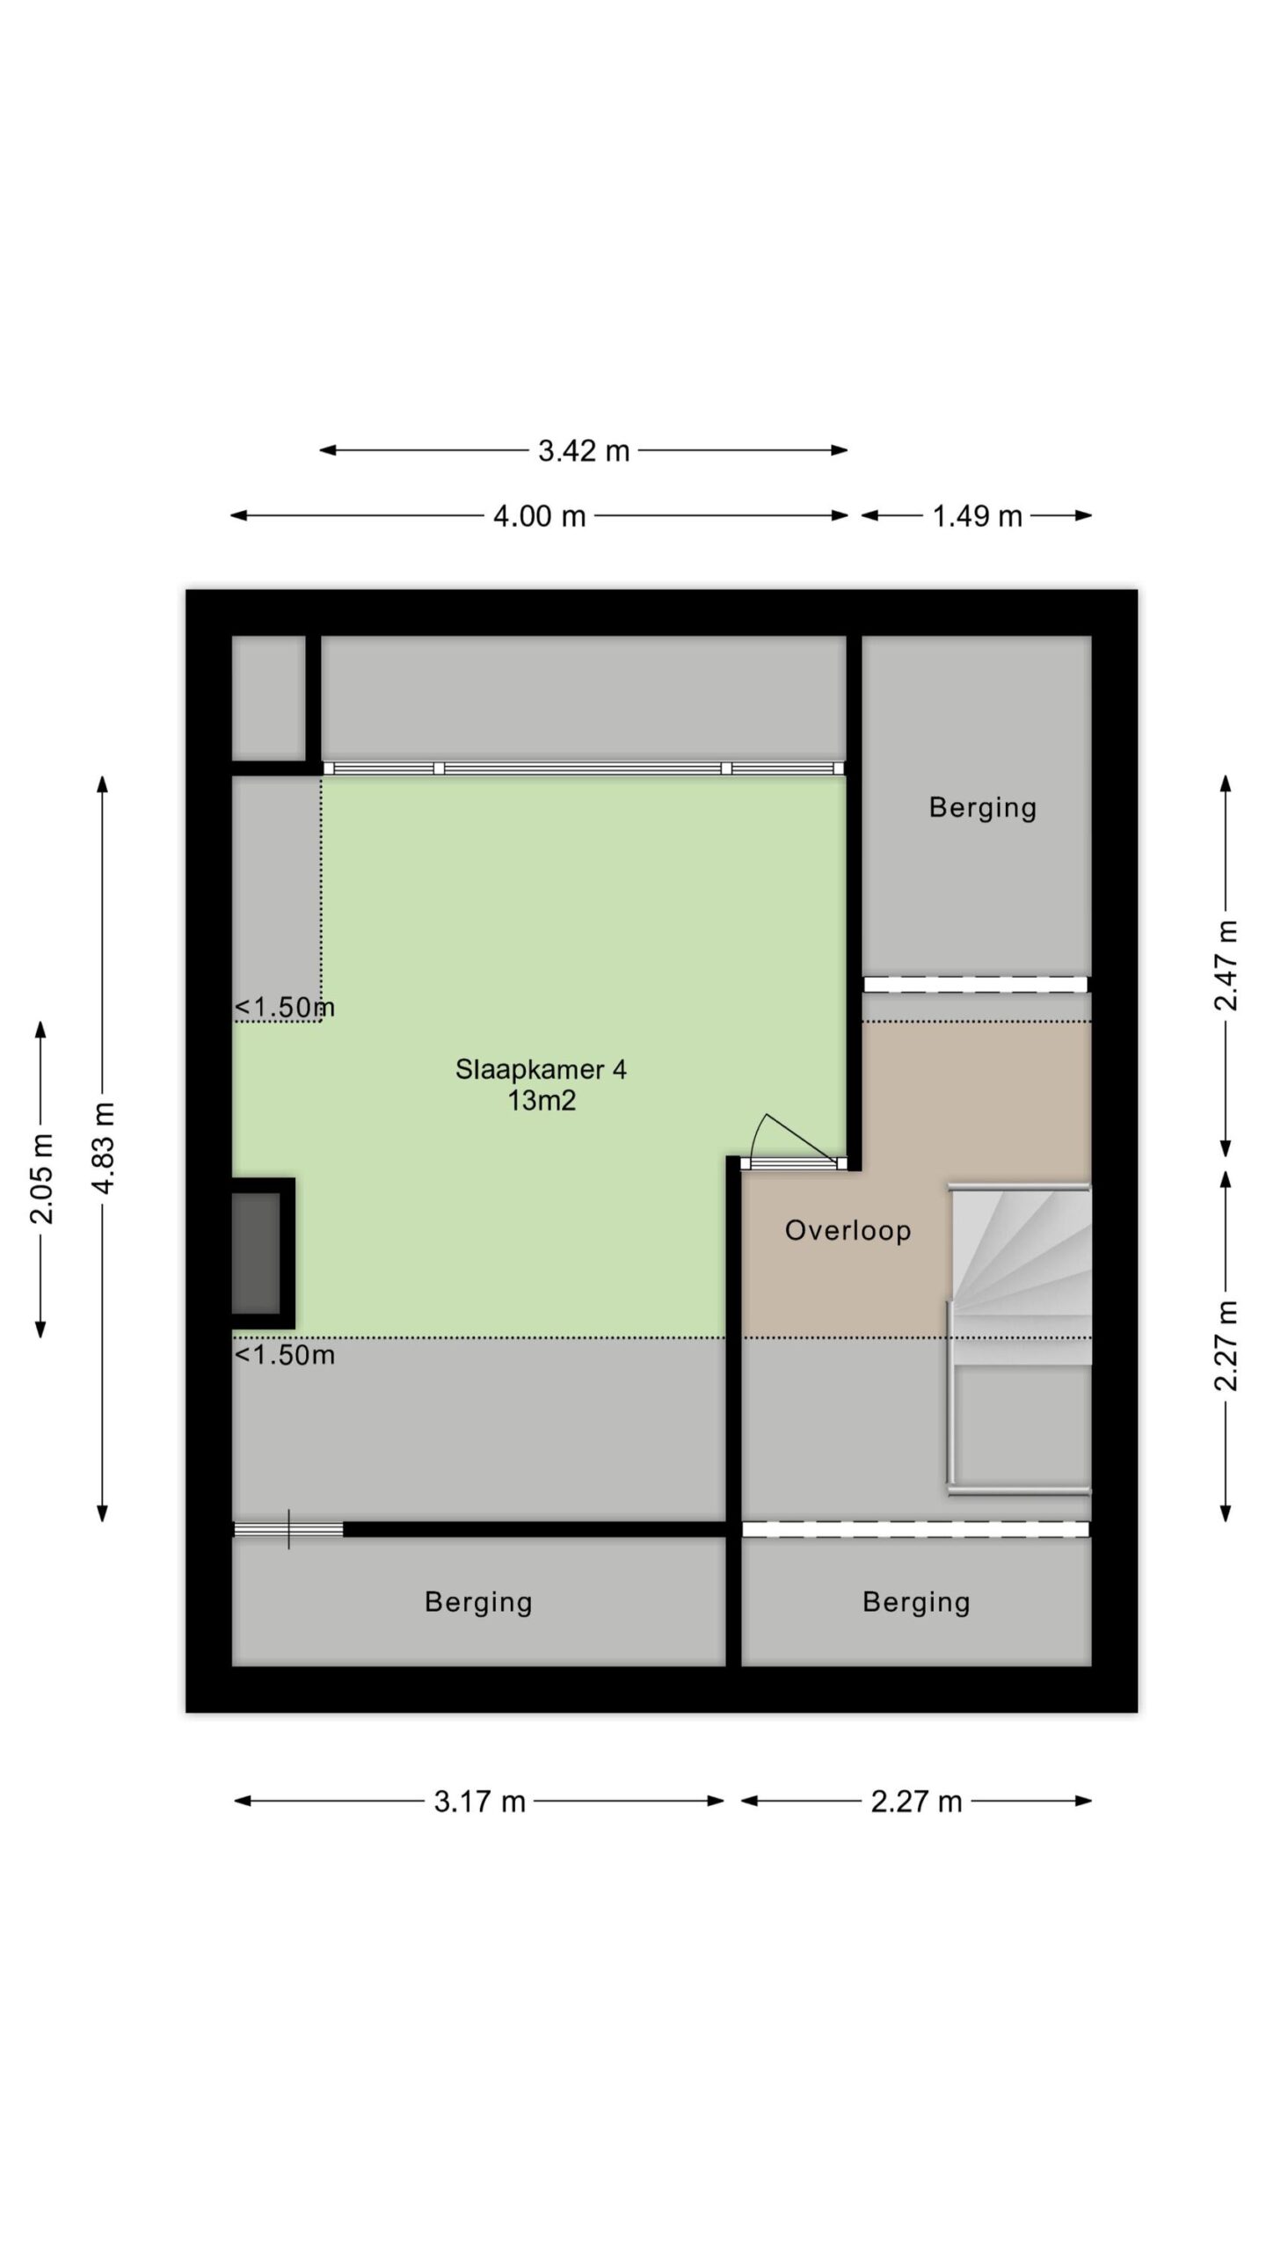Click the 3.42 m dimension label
[584, 451]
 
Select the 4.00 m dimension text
[539, 516]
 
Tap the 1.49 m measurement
[977, 516]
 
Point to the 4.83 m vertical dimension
[104, 1147]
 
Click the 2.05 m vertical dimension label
[41, 1178]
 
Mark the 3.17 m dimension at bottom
[479, 1802]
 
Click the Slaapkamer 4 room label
[541, 1069]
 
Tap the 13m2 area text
[542, 1100]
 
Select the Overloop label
[848, 1230]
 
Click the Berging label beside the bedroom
[983, 807]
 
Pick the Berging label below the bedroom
[478, 1602]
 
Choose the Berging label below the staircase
[916, 1602]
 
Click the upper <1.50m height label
[285, 1008]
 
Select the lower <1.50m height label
[285, 1355]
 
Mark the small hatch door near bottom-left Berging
[288, 1530]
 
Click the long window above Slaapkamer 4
[583, 769]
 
